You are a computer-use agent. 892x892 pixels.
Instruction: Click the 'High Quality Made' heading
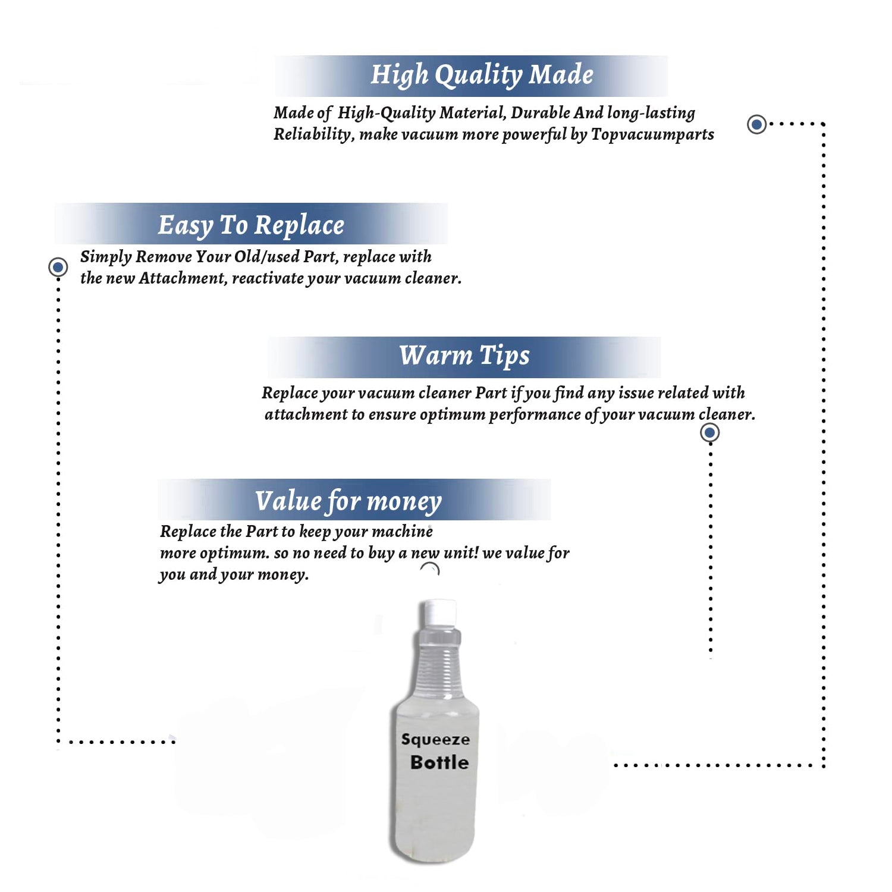(482, 76)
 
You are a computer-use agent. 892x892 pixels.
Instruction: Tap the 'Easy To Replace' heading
(251, 225)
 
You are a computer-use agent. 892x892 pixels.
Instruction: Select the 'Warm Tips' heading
(464, 356)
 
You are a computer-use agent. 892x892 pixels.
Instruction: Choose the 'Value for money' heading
(348, 501)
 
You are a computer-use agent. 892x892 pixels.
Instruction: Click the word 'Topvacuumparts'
(652, 134)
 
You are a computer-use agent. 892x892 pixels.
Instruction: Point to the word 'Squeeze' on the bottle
(435, 740)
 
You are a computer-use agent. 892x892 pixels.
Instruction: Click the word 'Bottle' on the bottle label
(439, 762)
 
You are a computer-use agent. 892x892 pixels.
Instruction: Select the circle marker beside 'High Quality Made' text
(756, 124)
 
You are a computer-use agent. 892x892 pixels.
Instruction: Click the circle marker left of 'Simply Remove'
(58, 267)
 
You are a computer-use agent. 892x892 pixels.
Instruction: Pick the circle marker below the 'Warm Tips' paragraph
(709, 432)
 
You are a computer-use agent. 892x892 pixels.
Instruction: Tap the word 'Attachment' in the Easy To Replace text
(183, 278)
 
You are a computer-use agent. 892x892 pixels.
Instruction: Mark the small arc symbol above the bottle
(430, 569)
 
